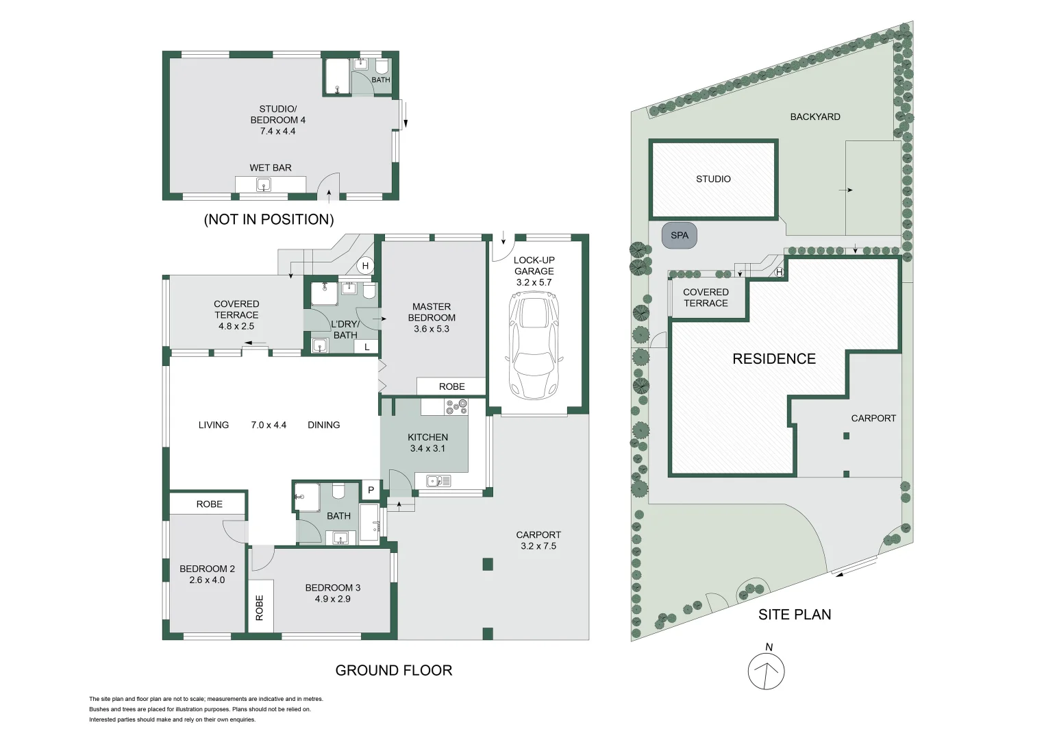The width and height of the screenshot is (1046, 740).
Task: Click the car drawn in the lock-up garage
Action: coord(534,346)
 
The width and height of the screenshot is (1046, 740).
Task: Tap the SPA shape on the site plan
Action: coord(680,236)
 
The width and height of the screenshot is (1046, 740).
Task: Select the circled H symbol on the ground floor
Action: coord(365,266)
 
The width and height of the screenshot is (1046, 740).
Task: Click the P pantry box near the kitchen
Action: coord(371,490)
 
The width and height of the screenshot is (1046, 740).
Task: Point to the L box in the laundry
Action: coord(366,347)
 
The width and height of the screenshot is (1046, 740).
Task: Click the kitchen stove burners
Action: coord(456,406)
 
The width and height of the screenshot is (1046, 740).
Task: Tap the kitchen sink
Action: coord(438,481)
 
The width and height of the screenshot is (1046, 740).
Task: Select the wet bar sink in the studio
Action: coord(263,185)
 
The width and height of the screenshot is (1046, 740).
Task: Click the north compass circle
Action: coord(767,671)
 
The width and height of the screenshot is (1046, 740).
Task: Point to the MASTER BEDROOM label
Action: coord(432,312)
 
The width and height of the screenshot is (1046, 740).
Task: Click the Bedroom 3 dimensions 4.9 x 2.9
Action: coord(332,599)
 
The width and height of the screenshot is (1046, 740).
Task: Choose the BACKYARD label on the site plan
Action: coord(815,116)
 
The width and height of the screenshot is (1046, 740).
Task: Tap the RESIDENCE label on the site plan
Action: coord(774,359)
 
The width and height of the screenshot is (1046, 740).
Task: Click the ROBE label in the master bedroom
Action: coord(451,386)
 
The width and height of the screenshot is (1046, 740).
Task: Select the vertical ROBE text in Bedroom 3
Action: coord(260,608)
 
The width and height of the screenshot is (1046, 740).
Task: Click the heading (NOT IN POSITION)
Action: coord(269,219)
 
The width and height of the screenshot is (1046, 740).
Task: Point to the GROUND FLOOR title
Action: coord(394,670)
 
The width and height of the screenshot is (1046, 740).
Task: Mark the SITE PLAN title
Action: coord(795,615)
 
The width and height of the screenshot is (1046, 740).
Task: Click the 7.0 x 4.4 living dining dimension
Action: coord(269,425)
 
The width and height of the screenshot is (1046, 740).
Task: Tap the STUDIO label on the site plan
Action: coord(714,179)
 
